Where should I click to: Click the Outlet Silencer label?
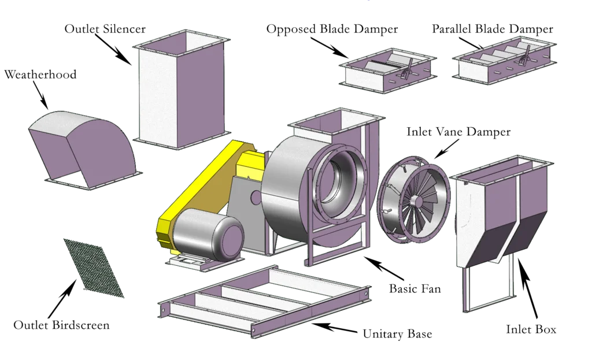[106, 28]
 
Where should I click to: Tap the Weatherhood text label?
[40, 75]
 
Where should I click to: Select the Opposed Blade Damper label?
[331, 29]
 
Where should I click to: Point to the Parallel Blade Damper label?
[493, 28]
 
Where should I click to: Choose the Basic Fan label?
[416, 288]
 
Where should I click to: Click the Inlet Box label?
[531, 330]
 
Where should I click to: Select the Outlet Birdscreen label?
[62, 325]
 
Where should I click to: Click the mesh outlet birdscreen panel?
[94, 266]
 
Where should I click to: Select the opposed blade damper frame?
[386, 72]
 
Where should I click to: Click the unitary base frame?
[263, 300]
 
